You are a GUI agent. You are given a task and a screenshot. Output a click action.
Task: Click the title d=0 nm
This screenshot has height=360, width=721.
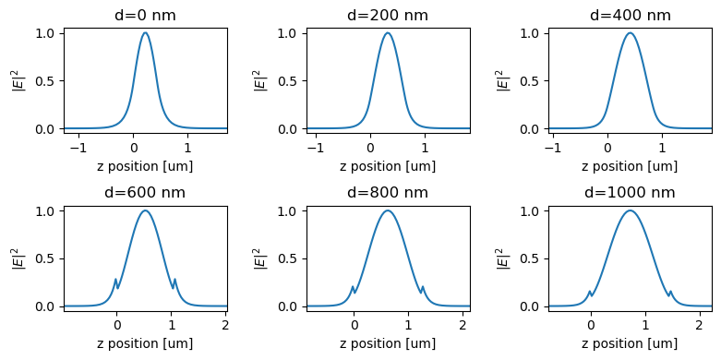pos(145,15)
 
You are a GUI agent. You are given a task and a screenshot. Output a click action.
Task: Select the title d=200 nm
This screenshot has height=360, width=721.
pos(388,15)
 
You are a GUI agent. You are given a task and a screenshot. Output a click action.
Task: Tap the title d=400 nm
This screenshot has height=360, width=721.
pos(631,15)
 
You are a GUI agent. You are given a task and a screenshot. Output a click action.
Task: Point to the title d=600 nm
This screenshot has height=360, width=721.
pos(145,193)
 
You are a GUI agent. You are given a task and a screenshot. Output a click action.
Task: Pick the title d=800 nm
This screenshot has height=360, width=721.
pos(388,193)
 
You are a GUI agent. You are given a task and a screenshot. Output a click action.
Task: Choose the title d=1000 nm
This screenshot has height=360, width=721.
pos(631,193)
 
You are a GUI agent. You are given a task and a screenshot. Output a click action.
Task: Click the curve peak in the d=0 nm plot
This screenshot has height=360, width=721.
pos(145,33)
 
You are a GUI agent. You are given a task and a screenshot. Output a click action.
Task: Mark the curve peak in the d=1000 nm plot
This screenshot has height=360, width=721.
pos(631,210)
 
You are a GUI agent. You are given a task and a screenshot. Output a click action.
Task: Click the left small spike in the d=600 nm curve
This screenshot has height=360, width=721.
pos(115,279)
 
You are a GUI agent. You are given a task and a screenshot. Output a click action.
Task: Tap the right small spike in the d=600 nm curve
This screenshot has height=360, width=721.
pos(174,279)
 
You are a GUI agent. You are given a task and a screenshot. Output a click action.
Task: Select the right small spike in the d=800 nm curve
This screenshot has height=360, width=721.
pos(423,286)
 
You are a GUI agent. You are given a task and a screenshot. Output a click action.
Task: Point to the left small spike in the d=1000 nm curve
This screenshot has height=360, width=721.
pos(590,292)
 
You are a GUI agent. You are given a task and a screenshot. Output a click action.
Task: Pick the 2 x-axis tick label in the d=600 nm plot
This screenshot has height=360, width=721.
pos(224,325)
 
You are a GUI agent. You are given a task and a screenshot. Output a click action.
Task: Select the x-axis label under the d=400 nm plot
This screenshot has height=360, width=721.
pos(631,166)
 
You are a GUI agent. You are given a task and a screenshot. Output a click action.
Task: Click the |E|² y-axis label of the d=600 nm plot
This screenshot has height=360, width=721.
pos(18,258)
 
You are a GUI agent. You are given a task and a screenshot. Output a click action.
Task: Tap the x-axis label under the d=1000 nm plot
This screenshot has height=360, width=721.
pos(631,343)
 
